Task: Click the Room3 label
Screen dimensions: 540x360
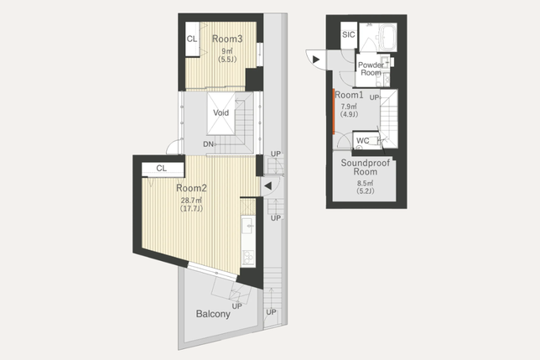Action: tap(227, 39)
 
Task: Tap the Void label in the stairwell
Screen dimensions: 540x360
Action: tap(221, 112)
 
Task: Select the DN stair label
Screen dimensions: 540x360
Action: tap(208, 144)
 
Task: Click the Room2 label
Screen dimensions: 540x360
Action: tap(191, 188)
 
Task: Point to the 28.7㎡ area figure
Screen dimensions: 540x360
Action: tap(191, 201)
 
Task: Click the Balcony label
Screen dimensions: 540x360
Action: tap(213, 314)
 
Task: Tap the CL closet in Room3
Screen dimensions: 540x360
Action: tap(193, 39)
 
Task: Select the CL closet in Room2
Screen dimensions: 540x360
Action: tap(163, 169)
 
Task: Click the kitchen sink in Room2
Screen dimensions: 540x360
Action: tap(248, 226)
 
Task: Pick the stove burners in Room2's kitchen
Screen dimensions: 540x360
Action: tap(248, 258)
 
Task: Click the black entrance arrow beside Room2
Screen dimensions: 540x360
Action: tap(268, 186)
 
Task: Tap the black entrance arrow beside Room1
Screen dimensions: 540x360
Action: tap(316, 60)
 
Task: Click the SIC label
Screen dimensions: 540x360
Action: tap(349, 34)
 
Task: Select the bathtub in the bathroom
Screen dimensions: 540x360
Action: tap(387, 35)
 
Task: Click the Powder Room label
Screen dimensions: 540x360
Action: tap(371, 69)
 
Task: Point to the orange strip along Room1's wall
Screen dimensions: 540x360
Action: tap(334, 112)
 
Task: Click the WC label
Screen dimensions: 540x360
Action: tap(362, 140)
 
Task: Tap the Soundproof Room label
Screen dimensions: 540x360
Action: tap(366, 167)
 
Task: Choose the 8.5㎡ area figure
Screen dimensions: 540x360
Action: tap(366, 183)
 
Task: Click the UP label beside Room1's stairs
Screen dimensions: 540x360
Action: tap(374, 97)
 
